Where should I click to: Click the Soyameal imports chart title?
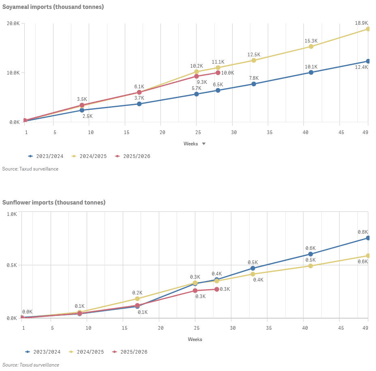(53, 7)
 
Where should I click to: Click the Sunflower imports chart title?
(53, 202)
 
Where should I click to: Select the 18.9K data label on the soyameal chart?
(361, 23)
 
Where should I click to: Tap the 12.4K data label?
(361, 67)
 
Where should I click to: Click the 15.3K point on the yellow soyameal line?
(311, 47)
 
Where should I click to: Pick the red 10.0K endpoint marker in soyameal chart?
(218, 73)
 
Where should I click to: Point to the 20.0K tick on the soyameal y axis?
(14, 23)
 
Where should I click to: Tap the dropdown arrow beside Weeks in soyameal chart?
(204, 144)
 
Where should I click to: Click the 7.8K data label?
(254, 78)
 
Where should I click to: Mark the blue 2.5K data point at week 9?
(82, 110)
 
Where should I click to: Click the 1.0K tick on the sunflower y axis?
(12, 214)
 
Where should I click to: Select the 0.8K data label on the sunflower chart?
(362, 232)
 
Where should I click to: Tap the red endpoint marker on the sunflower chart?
(217, 289)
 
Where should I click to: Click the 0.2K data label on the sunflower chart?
(137, 292)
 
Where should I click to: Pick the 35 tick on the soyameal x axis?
(269, 132)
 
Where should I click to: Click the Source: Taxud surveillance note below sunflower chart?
(31, 365)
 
